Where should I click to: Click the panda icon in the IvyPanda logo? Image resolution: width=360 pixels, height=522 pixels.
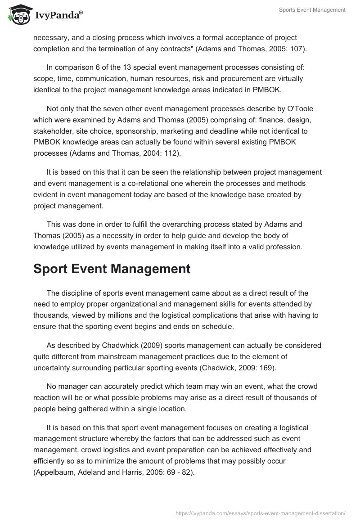[18, 15]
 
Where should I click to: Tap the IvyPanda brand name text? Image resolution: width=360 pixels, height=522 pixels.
[58, 16]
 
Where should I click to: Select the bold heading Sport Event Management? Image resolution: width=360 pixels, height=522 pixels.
[112, 269]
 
